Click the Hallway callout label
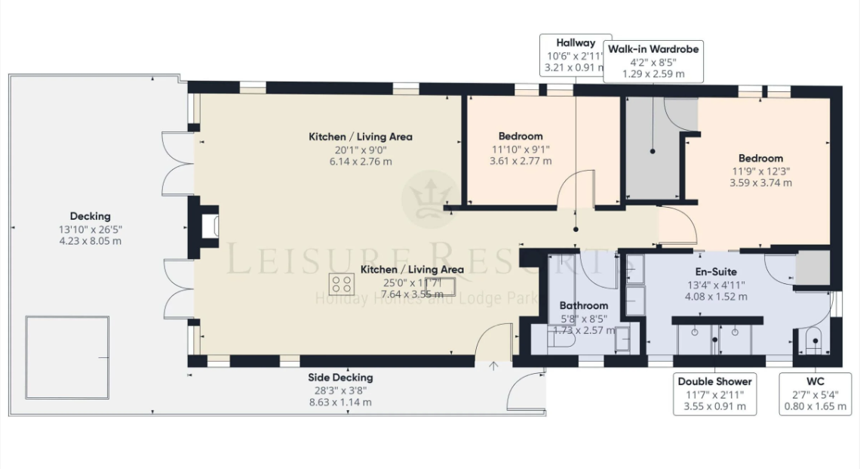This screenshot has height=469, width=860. click(x=575, y=55)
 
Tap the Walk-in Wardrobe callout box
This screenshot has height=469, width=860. click(x=653, y=61)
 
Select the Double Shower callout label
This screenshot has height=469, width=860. click(x=714, y=393)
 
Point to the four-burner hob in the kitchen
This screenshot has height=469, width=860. click(x=342, y=285)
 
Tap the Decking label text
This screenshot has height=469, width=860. click(x=90, y=216)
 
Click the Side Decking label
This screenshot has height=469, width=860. click(x=339, y=378)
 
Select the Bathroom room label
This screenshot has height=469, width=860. click(x=583, y=305)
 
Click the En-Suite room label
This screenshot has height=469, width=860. click(x=715, y=271)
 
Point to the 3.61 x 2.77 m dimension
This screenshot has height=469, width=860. click(x=520, y=161)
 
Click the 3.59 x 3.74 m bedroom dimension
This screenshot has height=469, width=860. click(x=760, y=183)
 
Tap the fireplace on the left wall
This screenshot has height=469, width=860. click(x=210, y=227)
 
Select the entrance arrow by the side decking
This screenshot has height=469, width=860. click(x=494, y=366)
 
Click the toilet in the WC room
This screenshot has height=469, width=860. click(x=813, y=343)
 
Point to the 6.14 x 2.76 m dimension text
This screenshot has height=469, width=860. click(x=360, y=162)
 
